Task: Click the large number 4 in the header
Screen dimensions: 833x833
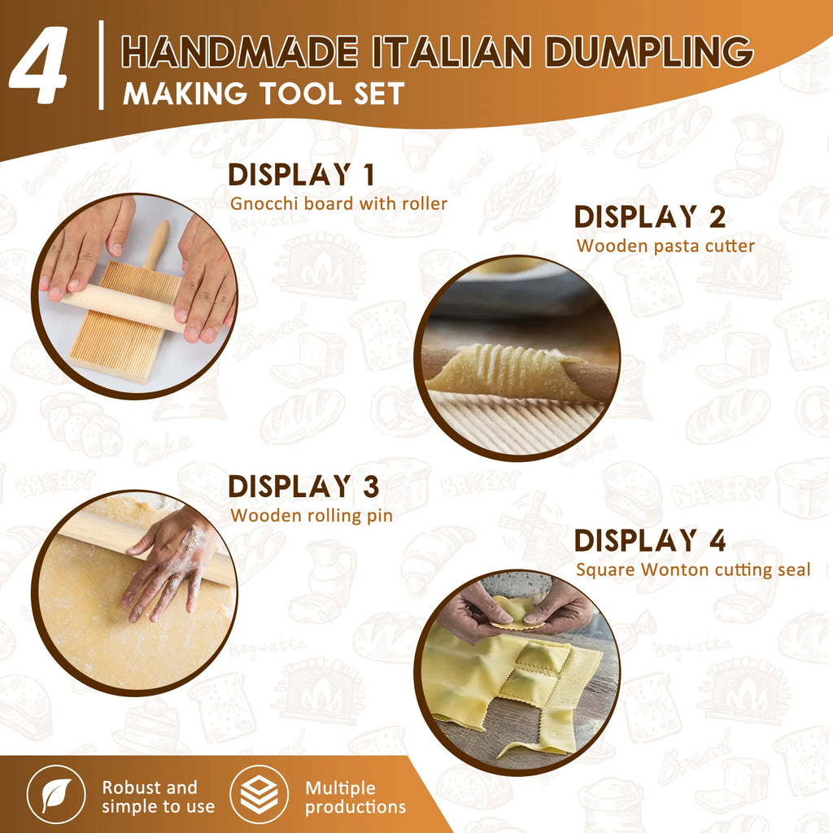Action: pyautogui.click(x=39, y=68)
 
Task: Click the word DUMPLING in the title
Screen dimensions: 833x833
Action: pyautogui.click(x=648, y=52)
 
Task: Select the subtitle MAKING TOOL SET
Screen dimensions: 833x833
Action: pyautogui.click(x=263, y=94)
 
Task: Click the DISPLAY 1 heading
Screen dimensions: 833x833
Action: pyautogui.click(x=300, y=176)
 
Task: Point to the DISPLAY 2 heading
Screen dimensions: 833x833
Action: pyautogui.click(x=649, y=217)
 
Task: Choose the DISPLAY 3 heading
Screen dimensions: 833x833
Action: pyautogui.click(x=303, y=486)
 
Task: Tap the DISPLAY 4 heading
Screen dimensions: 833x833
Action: pyautogui.click(x=649, y=541)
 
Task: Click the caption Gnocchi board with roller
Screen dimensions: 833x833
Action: pyautogui.click(x=338, y=203)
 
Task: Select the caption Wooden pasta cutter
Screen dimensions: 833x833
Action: pyautogui.click(x=665, y=245)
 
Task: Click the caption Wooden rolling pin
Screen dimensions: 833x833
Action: pyautogui.click(x=312, y=515)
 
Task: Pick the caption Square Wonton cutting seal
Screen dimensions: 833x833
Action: pyautogui.click(x=693, y=569)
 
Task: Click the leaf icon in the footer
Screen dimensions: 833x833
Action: pyautogui.click(x=56, y=796)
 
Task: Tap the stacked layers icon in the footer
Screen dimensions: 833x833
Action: pyautogui.click(x=259, y=796)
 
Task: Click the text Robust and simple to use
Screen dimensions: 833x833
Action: pyautogui.click(x=158, y=797)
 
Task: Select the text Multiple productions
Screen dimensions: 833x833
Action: pyautogui.click(x=355, y=797)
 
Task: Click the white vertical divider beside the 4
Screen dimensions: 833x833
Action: pyautogui.click(x=102, y=64)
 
